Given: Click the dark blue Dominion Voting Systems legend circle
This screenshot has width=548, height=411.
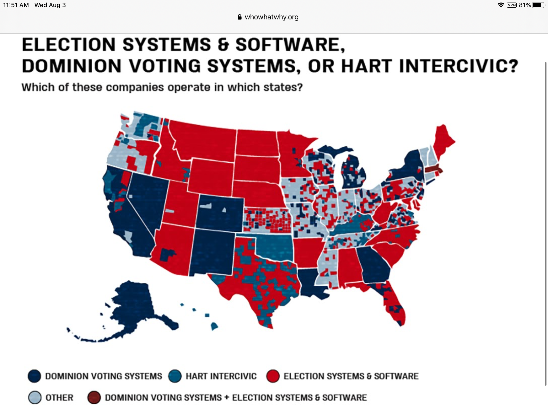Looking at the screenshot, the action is pos(34,376).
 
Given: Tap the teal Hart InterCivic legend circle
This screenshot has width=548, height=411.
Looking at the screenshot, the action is pos(175,376).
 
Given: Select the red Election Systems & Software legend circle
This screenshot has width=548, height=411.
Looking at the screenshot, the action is pos(273,376).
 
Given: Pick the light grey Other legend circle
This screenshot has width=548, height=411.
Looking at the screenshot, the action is pos(35,397).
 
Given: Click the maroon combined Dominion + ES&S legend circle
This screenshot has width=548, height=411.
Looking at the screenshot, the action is pos(94,397).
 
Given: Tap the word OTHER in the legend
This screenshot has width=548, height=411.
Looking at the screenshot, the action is pos(59,398).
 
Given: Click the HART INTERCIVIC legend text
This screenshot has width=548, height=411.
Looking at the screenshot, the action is pos(221,376).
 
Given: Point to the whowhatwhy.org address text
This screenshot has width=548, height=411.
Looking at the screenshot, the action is pos(271,17).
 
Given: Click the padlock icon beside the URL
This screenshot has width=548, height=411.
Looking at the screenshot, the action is pos(239,17).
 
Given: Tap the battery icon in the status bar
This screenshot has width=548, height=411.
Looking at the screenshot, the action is pos(538,5).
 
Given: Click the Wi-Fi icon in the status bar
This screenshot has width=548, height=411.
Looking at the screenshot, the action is pos(501,5).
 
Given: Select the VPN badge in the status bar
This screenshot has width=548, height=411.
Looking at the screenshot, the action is pos(511,5).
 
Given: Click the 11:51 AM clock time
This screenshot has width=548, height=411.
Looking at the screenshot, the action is pos(16,5).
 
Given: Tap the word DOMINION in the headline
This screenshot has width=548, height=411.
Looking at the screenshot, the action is pos(72,66).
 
